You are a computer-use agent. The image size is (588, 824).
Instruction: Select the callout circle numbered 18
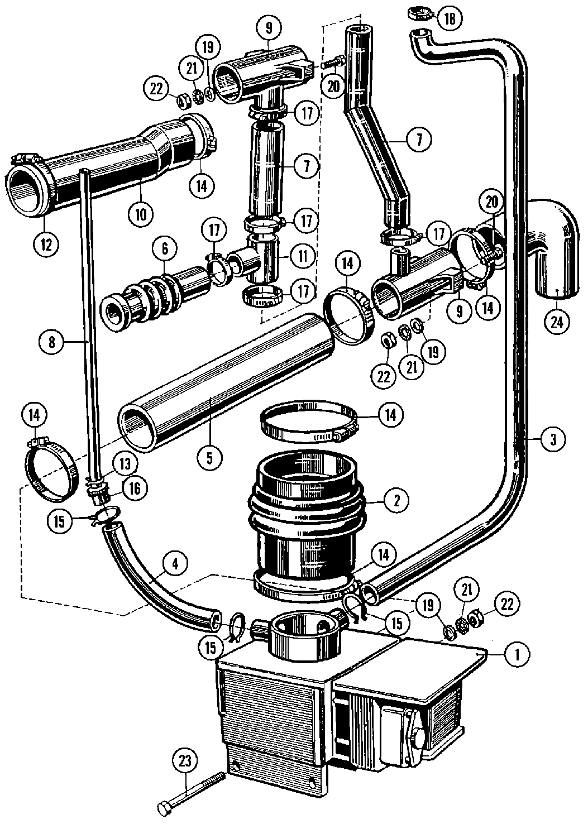[x=450, y=18]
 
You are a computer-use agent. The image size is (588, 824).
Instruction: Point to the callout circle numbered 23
[x=184, y=759]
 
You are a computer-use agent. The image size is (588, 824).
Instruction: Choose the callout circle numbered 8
[x=51, y=342]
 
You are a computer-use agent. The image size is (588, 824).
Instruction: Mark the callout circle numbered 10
[x=140, y=214]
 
